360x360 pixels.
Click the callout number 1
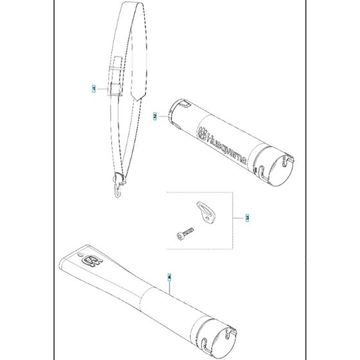point(93,89)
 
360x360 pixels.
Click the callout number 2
point(155,116)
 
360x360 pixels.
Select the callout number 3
point(247,217)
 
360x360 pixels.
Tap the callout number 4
point(169,277)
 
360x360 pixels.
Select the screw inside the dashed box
point(185,233)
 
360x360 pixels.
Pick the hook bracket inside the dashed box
point(206,212)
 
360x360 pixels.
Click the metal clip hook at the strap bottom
point(118,187)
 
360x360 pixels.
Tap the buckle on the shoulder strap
point(115,89)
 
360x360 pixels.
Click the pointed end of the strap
point(138,100)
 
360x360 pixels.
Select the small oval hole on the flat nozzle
point(80,255)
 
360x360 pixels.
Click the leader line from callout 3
point(239,217)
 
